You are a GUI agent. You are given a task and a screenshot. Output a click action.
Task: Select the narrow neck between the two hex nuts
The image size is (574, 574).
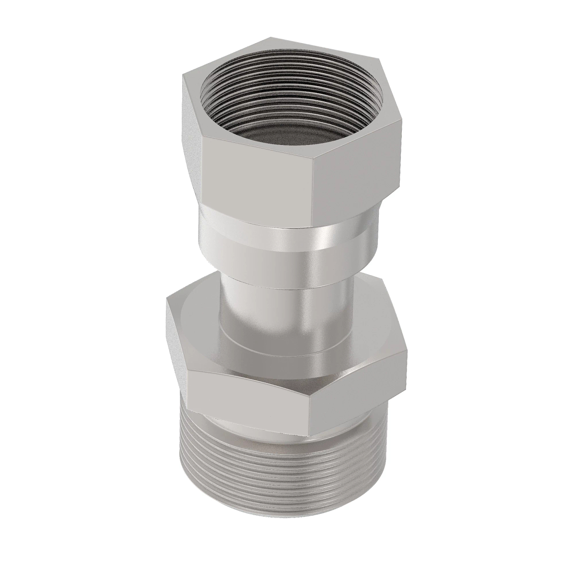tap(287, 306)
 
